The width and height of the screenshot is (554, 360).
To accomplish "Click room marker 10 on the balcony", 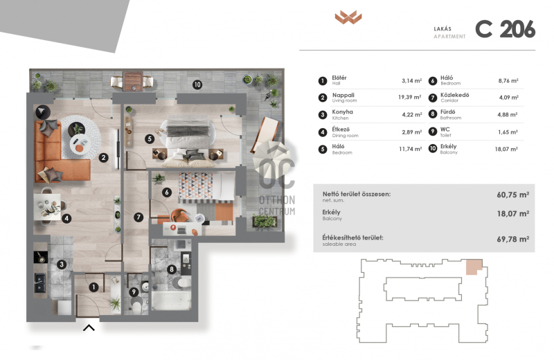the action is tap(197, 84).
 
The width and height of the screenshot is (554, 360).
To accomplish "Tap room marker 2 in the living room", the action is tap(103, 158).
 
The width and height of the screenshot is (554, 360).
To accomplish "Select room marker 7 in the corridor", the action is tap(138, 217).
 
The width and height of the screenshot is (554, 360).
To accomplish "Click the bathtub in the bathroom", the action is tap(171, 300).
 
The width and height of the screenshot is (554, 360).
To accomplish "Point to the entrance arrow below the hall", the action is tap(89, 328).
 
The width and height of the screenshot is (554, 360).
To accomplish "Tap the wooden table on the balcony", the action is tap(133, 82).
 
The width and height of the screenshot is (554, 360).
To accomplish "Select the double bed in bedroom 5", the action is tap(187, 143).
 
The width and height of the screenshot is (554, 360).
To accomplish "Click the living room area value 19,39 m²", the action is tap(410, 97).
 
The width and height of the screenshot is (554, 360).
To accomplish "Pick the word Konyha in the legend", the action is tap(342, 111).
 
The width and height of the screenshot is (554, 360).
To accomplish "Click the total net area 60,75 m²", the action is tap(512, 195).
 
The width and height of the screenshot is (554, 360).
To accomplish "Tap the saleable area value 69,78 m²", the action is tap(512, 239).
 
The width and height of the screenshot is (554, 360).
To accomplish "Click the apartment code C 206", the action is tap(506, 29).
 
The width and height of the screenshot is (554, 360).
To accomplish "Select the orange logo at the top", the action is tap(348, 17).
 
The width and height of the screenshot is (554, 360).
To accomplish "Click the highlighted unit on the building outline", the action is tap(474, 267).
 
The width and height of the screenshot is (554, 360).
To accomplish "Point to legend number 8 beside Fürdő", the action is tap(432, 114).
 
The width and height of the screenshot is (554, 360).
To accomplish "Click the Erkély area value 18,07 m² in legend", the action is tap(506, 149).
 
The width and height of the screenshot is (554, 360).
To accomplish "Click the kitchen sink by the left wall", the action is tap(40, 282).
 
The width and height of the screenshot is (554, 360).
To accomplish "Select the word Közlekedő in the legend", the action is tap(454, 95).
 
